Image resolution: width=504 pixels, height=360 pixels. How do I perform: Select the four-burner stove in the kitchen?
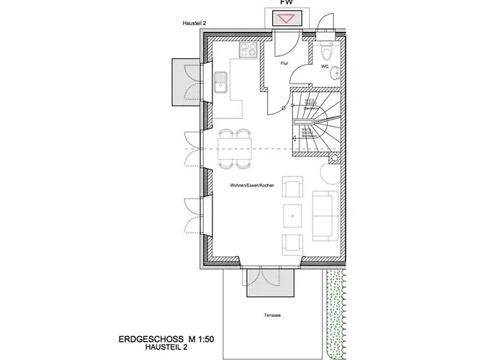(x=248, y=50)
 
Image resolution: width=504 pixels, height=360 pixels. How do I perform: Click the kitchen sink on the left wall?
(x=222, y=84)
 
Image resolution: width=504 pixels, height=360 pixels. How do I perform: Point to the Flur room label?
(x=284, y=63)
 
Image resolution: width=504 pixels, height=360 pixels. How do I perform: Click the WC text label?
(x=325, y=66)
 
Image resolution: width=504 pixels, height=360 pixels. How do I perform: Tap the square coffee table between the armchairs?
(x=294, y=214)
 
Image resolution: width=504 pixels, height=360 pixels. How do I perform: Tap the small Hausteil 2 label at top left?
(x=196, y=24)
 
